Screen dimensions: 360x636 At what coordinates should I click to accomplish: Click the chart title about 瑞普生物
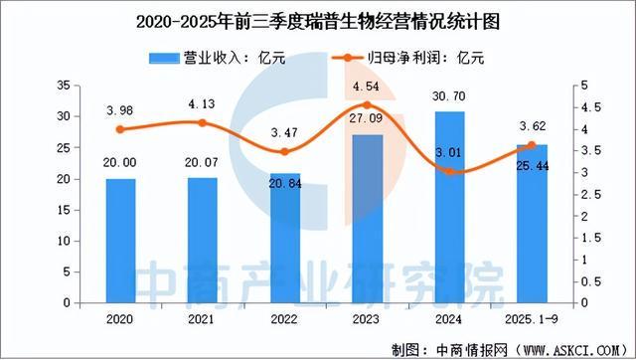(318, 17)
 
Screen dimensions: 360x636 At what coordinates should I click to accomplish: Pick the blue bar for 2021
(204, 240)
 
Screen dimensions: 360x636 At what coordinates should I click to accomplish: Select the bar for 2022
(284, 238)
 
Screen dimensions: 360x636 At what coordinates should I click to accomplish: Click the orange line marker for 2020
(120, 129)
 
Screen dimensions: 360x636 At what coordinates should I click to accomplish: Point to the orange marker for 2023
(367, 104)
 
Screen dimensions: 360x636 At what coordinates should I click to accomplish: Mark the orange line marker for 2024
(450, 171)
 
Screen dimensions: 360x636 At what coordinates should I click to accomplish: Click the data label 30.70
(450, 93)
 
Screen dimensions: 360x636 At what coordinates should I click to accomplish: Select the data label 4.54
(367, 87)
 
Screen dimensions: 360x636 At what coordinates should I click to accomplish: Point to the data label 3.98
(120, 110)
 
